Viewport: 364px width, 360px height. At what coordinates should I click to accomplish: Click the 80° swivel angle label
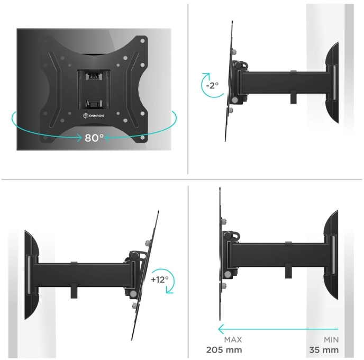coord(94,138)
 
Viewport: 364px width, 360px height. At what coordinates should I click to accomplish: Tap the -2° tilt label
coord(212,85)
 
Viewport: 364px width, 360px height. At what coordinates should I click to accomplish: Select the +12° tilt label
coord(160,279)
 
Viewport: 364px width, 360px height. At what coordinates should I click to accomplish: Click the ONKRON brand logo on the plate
coord(93,115)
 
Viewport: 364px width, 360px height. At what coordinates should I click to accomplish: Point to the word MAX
coord(233,340)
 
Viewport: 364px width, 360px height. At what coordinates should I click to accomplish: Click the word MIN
coord(331,340)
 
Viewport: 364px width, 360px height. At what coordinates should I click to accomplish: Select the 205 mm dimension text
coord(224,350)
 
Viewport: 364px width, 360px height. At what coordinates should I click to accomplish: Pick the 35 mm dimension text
coord(324,350)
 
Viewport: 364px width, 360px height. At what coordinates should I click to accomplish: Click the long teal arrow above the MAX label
coord(278,329)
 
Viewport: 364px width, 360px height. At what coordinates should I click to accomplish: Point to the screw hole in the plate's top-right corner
coord(142,41)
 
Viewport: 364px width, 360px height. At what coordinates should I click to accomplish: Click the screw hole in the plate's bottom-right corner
coord(142,138)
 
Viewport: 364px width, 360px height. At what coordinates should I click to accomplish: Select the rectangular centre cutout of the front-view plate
coord(94,89)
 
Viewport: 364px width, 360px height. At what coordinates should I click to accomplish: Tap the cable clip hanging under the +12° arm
coord(74,291)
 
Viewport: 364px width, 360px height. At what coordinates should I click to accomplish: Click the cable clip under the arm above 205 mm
coord(288,271)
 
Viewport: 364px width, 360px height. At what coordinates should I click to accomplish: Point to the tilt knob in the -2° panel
coord(238,65)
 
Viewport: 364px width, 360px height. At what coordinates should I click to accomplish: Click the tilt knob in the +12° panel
coord(134,256)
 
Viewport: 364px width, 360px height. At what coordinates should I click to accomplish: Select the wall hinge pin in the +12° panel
coord(30,275)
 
